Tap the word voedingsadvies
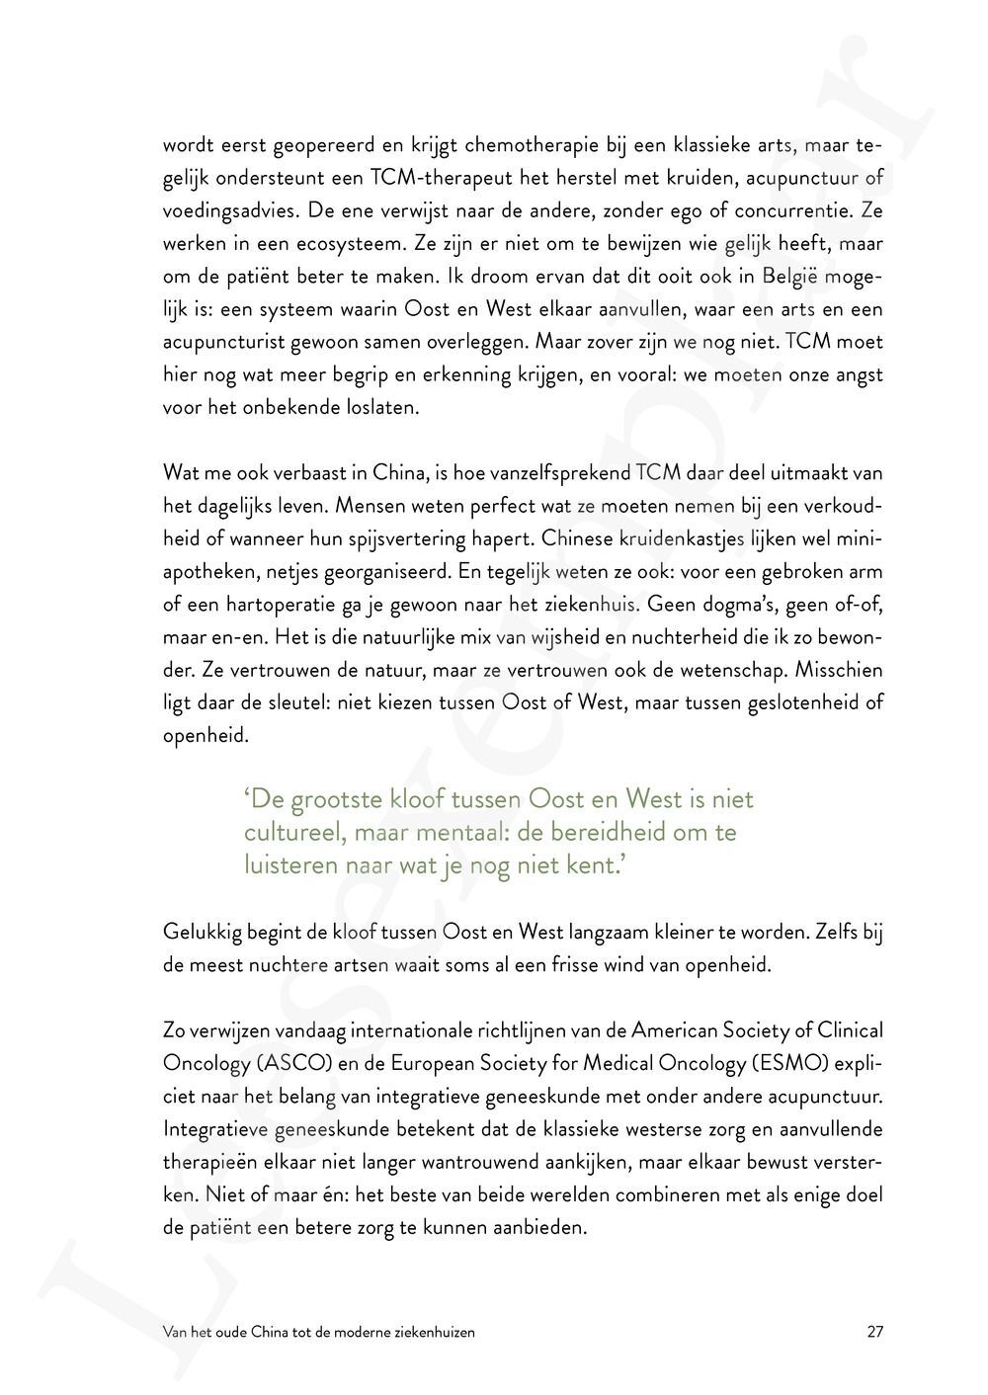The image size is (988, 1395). coord(229,211)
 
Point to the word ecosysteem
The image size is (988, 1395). coord(321,244)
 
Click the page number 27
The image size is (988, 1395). coord(874,1332)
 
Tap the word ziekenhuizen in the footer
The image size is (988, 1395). coord(437,1332)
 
